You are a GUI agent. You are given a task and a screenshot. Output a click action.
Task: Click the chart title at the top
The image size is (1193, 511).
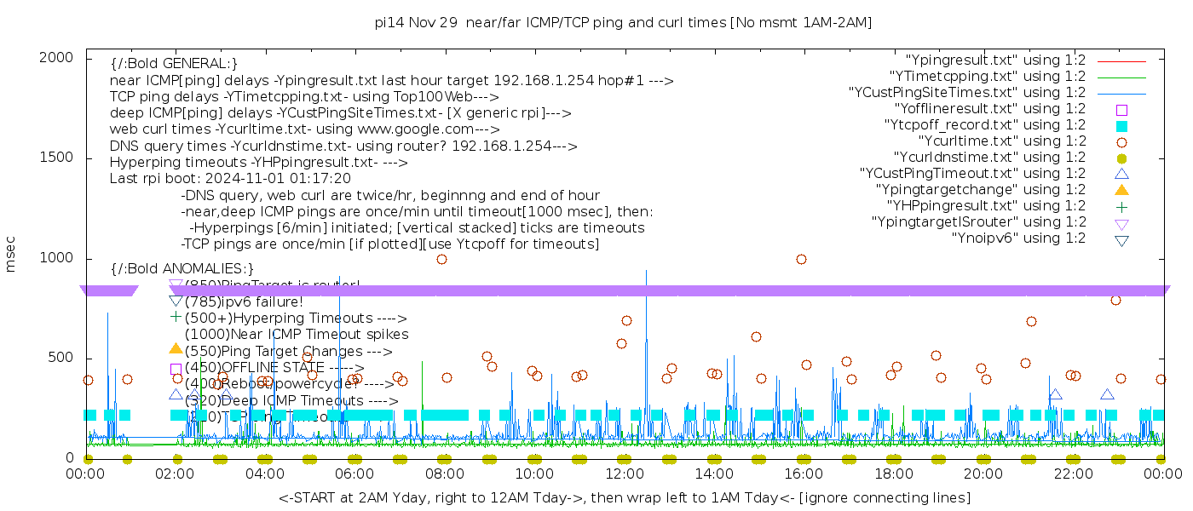[623, 22]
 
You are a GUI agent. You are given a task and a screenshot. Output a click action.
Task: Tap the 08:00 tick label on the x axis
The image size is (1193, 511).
[444, 474]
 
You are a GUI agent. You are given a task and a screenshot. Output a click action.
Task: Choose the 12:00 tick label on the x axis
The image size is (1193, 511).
[624, 474]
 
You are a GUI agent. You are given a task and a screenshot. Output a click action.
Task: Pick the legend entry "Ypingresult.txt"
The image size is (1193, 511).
[994, 60]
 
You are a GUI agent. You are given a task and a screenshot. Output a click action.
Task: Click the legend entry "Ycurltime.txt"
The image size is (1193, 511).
[1001, 141]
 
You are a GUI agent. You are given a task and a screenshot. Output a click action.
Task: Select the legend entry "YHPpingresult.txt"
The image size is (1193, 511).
[986, 206]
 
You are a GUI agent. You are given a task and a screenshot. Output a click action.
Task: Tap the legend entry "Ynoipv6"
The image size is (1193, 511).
[1018, 238]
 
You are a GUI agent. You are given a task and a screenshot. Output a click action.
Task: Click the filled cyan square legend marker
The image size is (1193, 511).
[1121, 126]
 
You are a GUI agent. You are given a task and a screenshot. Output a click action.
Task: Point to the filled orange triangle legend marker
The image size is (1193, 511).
[1121, 190]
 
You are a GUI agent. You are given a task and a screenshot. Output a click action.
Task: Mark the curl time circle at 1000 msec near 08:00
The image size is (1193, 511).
[441, 259]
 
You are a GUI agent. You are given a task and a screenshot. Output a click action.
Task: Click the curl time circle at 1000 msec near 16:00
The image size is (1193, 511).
[801, 259]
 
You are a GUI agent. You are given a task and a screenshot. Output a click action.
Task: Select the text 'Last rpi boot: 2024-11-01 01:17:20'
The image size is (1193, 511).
[230, 179]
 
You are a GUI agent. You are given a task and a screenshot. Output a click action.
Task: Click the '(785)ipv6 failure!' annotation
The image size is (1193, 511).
[244, 301]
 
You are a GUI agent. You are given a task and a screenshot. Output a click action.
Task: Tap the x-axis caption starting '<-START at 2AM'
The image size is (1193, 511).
[624, 497]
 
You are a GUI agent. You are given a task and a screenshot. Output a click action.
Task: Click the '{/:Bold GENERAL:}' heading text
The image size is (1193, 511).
[174, 64]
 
